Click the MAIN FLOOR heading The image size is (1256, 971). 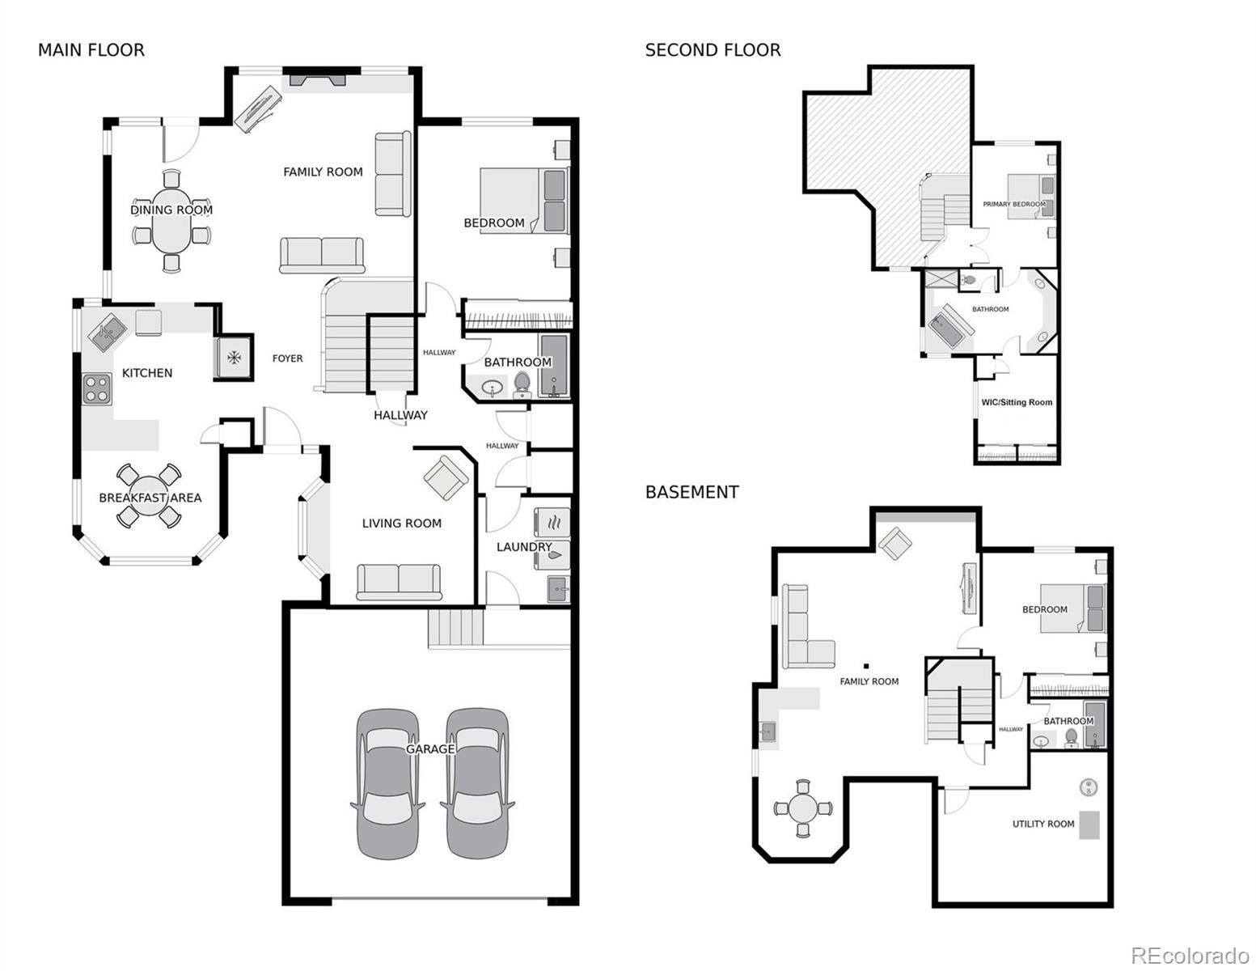[x=91, y=50]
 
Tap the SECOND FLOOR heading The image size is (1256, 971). [x=713, y=50]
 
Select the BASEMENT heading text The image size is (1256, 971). [x=691, y=492]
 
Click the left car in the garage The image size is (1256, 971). [x=387, y=783]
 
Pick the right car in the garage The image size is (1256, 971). [x=477, y=783]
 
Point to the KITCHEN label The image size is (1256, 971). [x=147, y=373]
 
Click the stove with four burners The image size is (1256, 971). [x=97, y=388]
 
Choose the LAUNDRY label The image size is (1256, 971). [x=523, y=547]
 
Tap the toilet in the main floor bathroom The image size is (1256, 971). [x=522, y=384]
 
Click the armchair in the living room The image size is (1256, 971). [x=445, y=477]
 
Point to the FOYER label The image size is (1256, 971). [x=287, y=358]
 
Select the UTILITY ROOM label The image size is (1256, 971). [x=1043, y=824]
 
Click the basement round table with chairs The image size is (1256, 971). [x=802, y=808]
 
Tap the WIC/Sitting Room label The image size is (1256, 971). [x=1017, y=402]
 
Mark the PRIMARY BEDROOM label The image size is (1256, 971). [x=1013, y=205]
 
